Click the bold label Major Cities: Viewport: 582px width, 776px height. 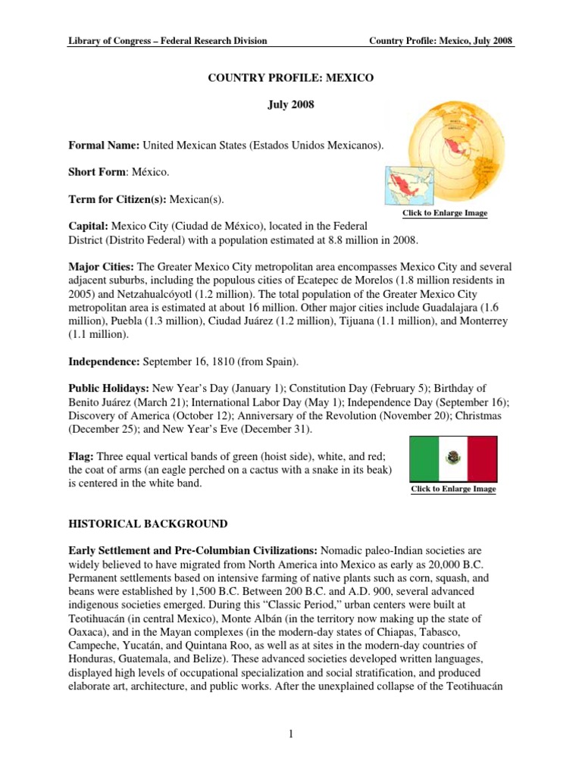click(x=101, y=267)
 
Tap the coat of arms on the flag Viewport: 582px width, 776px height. click(x=453, y=457)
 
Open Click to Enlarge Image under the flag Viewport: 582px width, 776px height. click(x=453, y=490)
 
